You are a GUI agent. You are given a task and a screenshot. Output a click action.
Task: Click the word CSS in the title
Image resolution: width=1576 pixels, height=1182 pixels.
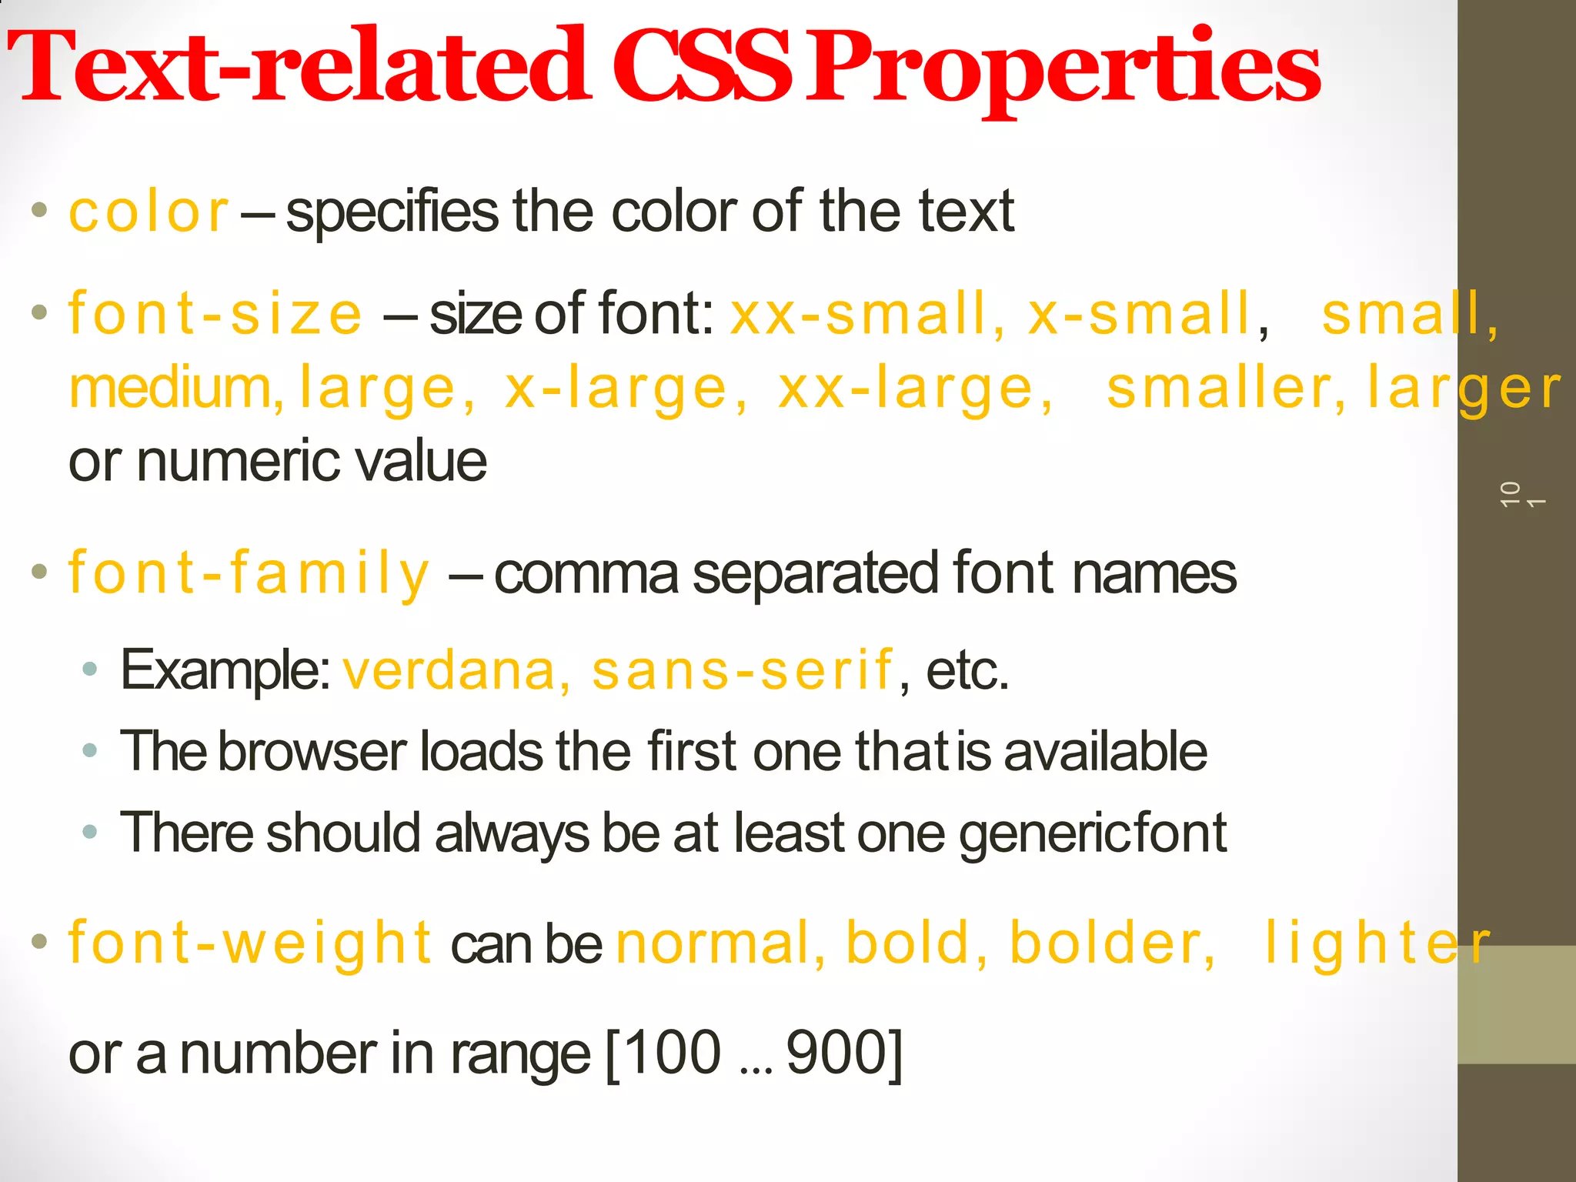[x=702, y=68]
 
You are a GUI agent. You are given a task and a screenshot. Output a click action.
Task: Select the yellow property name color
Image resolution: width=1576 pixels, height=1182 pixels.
[x=149, y=212]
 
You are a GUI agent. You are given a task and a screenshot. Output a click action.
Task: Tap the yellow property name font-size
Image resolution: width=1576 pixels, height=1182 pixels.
[x=215, y=314]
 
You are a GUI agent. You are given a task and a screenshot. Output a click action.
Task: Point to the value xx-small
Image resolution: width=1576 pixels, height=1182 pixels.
[x=865, y=314]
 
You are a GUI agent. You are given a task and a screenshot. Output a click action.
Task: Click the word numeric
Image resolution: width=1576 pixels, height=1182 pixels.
[x=235, y=462]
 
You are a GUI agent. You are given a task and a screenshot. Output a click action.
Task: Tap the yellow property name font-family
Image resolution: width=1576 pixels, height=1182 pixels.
[x=248, y=574]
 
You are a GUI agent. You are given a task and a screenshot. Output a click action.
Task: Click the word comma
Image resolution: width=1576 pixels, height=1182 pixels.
[x=586, y=574]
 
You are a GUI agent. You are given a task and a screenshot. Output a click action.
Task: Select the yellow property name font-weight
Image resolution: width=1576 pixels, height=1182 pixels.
[x=251, y=943]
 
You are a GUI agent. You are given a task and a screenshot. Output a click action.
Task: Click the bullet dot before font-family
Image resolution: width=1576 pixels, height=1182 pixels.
[x=39, y=572]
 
